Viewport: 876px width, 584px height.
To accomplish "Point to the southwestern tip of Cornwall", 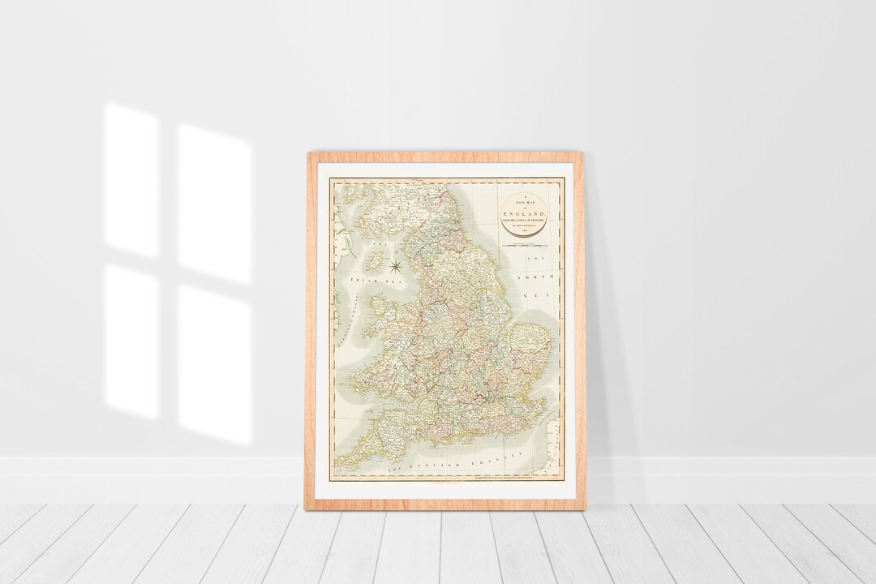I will (x=341, y=463).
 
